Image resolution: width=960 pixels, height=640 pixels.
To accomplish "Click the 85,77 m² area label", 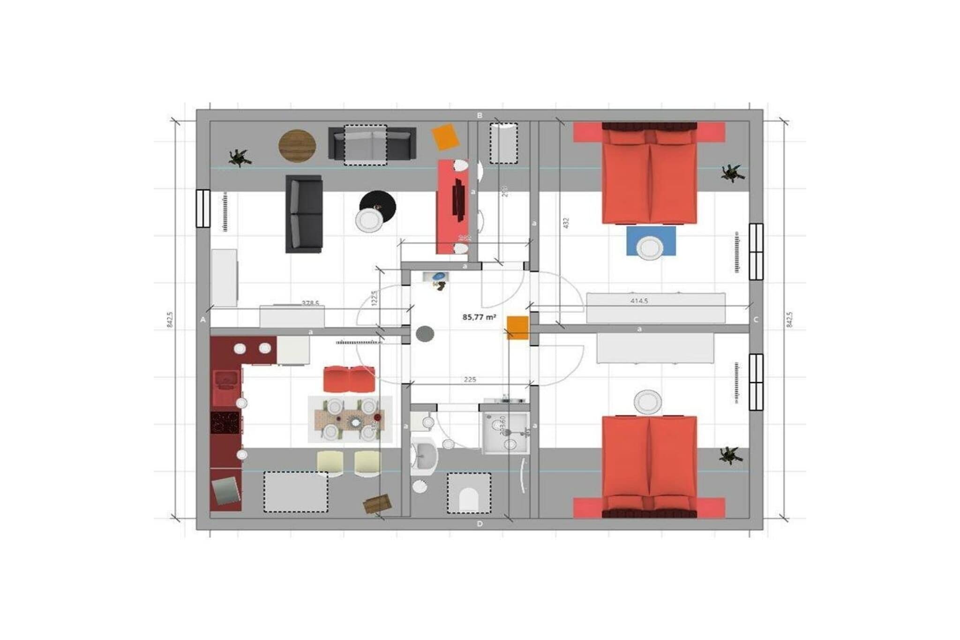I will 479,317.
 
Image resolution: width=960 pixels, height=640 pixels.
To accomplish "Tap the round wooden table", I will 297,146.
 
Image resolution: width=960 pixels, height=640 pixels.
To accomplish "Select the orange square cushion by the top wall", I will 445,136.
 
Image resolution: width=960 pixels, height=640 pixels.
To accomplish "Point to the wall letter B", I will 480,115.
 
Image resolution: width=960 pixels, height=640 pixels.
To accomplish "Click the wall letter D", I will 480,524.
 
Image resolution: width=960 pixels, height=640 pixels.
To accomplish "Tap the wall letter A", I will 203,320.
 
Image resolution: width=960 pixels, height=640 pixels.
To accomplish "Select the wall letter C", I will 756,320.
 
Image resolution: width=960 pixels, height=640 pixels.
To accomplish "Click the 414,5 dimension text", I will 639,301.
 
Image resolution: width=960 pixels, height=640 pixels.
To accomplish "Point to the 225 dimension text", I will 470,379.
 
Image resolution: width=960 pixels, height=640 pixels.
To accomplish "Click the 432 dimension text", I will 566,223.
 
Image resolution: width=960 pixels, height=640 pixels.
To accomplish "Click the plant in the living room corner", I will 240,158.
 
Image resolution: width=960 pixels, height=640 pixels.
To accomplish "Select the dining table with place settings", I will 350,419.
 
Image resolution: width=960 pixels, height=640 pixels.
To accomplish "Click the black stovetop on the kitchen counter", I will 225,422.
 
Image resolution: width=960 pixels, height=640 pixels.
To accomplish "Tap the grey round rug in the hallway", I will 425,334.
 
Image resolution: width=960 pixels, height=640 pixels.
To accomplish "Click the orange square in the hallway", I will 517,327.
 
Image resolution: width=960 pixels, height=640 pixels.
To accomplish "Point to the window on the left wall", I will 203,208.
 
